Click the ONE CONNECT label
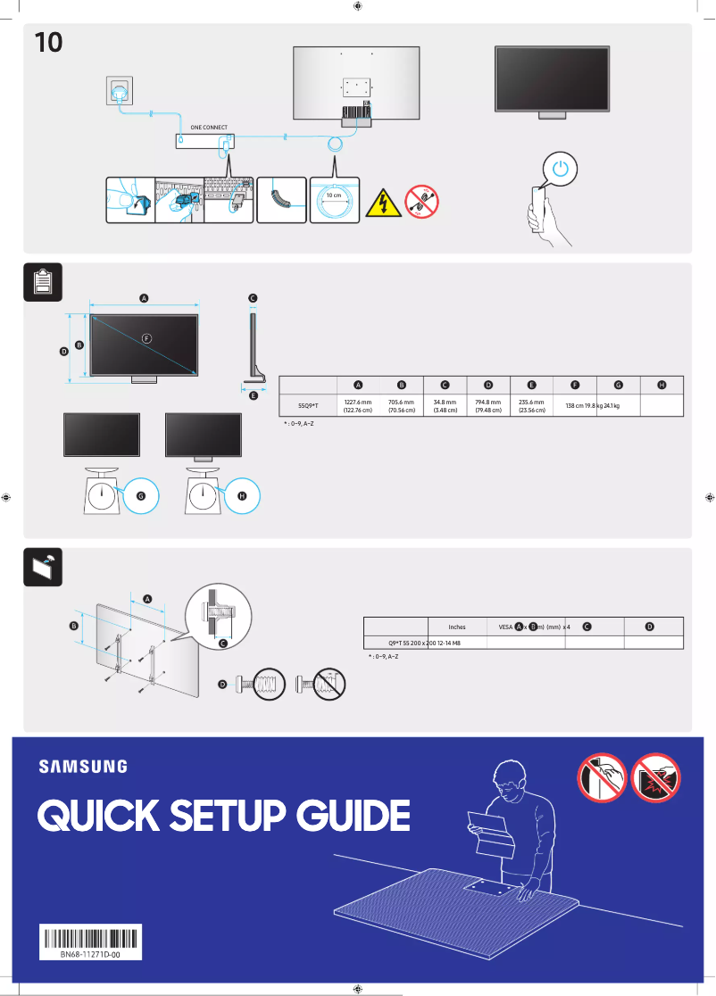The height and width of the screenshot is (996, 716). pos(203,128)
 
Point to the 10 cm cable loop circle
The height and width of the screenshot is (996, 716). pos(333,202)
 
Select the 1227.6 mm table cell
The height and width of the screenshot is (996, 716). pos(357,406)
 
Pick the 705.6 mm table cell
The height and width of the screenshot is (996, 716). pos(401,406)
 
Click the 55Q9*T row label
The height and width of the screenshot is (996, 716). pos(307,406)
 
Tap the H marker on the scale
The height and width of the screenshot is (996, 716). pos(240,495)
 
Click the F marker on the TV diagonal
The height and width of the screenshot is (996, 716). pos(147,337)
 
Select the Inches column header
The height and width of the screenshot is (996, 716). pos(456,627)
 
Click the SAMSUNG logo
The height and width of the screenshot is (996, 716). pos(82,766)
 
